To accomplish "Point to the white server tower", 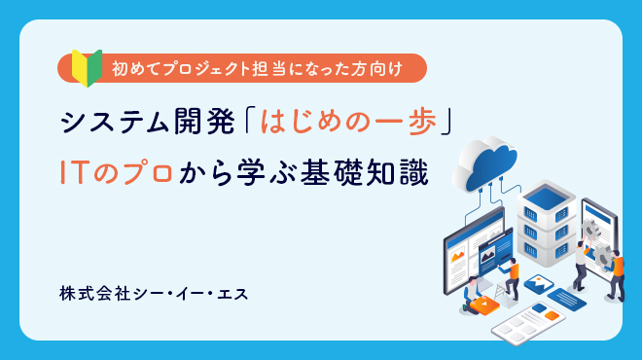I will (545, 226).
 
